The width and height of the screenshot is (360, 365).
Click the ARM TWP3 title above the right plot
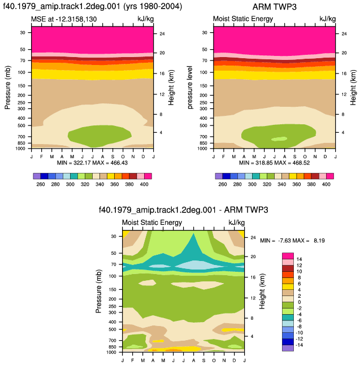274,7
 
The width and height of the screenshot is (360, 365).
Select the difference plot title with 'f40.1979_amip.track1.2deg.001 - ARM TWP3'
184,210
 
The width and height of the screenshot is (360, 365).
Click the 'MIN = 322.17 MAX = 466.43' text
92,163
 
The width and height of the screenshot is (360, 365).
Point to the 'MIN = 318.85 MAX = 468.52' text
274,163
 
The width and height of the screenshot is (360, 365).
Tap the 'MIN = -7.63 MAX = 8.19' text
292,241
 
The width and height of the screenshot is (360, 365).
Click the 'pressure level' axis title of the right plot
190,87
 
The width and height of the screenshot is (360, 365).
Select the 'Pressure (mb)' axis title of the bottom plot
99,291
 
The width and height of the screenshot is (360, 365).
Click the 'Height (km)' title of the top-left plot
171,87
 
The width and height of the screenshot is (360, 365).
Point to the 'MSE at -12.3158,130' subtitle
64,19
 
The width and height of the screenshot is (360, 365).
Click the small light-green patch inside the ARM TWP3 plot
279,139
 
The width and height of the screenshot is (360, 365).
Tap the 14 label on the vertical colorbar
299,259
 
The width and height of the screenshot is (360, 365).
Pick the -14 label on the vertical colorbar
299,345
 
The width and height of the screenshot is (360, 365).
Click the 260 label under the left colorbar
41,184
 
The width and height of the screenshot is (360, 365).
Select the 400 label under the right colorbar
326,184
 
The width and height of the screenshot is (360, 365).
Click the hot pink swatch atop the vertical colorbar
288,256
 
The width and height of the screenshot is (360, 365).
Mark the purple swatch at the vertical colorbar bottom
288,348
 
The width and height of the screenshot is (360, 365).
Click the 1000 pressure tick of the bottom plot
111,352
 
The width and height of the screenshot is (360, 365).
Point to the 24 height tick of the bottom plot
253,238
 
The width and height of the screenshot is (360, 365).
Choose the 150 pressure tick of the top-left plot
21,86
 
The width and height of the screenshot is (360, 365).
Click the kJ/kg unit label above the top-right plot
328,19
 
